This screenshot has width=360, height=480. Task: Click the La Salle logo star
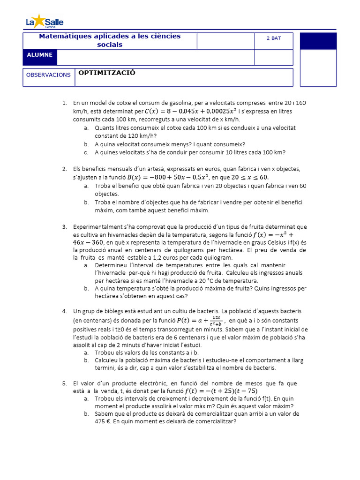pos(40,21)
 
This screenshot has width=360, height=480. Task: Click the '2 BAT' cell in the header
pos(274,38)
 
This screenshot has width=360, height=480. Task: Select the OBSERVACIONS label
pos(48,75)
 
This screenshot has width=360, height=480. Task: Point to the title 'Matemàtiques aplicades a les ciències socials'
pos(110,40)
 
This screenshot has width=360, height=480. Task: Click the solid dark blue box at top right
pos(318,41)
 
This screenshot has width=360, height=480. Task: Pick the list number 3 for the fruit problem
pos(64,227)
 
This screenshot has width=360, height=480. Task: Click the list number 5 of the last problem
pos(64,383)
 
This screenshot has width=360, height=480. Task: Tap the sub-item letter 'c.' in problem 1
pos(87,152)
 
